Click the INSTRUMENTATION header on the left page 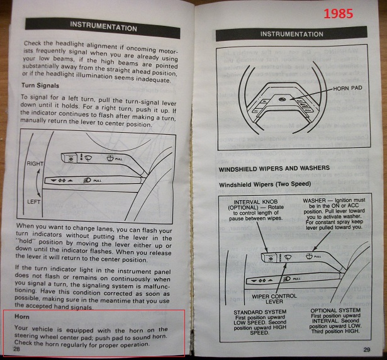point(103,27)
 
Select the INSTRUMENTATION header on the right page point(292,33)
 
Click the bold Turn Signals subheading point(40,84)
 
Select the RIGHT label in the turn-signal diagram point(35,163)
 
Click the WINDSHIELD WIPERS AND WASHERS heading point(275,170)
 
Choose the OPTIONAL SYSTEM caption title point(340,311)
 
